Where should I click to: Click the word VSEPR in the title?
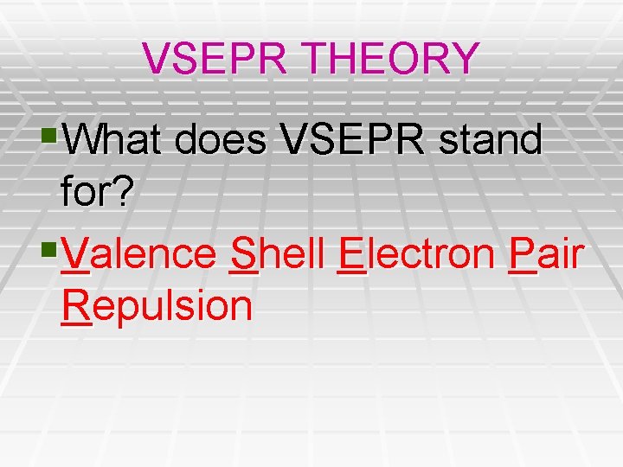tap(204, 59)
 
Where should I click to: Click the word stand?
tap(491, 140)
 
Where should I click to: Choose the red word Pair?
tap(547, 254)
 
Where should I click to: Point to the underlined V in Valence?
tap(76, 254)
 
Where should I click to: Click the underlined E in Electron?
tap(351, 254)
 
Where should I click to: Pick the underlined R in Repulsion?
tap(76, 306)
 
